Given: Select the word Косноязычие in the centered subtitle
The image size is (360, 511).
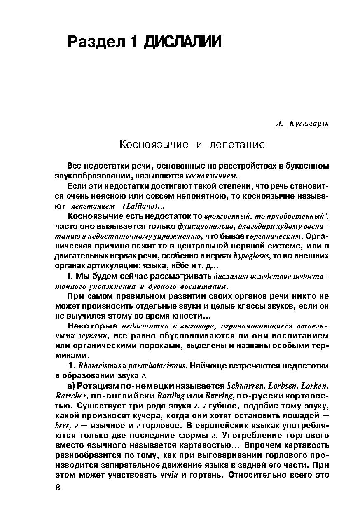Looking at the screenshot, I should coord(153,145).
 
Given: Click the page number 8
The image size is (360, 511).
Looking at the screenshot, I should coord(58,488).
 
